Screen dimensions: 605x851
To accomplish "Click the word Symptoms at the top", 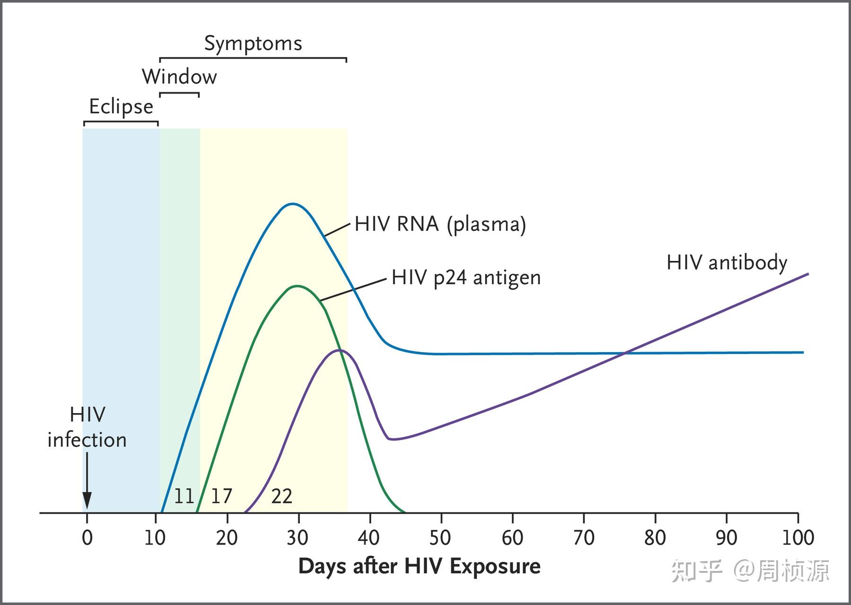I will (253, 43).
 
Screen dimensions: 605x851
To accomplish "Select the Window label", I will (179, 77).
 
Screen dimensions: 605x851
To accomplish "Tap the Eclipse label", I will (121, 107).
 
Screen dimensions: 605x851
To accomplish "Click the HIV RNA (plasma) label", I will (440, 224).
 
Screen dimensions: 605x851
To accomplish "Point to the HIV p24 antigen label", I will (466, 277).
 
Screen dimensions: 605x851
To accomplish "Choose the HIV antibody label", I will (727, 262).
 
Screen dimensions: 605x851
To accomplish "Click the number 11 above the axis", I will (184, 496).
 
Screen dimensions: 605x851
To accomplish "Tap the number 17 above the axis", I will (221, 496).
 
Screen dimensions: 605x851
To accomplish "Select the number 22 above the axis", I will (282, 496).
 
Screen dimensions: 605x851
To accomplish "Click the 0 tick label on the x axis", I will (87, 538).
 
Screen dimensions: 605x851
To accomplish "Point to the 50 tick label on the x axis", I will (440, 538).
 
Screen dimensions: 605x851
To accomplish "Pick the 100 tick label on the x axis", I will (798, 538).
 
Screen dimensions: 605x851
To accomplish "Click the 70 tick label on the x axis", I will (583, 538).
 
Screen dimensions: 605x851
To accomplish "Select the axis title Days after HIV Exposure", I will (419, 566).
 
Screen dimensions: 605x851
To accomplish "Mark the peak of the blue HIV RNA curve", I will (293, 204).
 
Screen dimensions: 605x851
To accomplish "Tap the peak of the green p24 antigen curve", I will (297, 286).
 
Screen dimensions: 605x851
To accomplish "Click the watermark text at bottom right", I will (750, 571).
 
